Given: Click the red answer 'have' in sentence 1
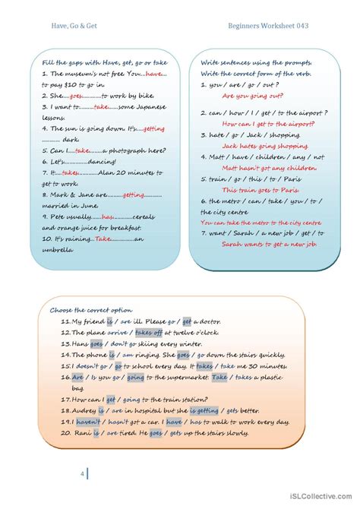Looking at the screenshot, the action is point(154,74).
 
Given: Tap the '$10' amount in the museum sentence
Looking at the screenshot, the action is point(77,86).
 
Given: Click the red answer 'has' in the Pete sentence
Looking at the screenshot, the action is point(107,217).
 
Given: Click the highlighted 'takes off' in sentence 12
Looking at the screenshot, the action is point(148,332).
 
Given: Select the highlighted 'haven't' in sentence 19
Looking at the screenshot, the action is point(88,422).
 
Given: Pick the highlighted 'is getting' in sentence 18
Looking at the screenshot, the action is point(202,410).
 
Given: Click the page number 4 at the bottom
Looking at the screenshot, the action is point(82,474).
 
